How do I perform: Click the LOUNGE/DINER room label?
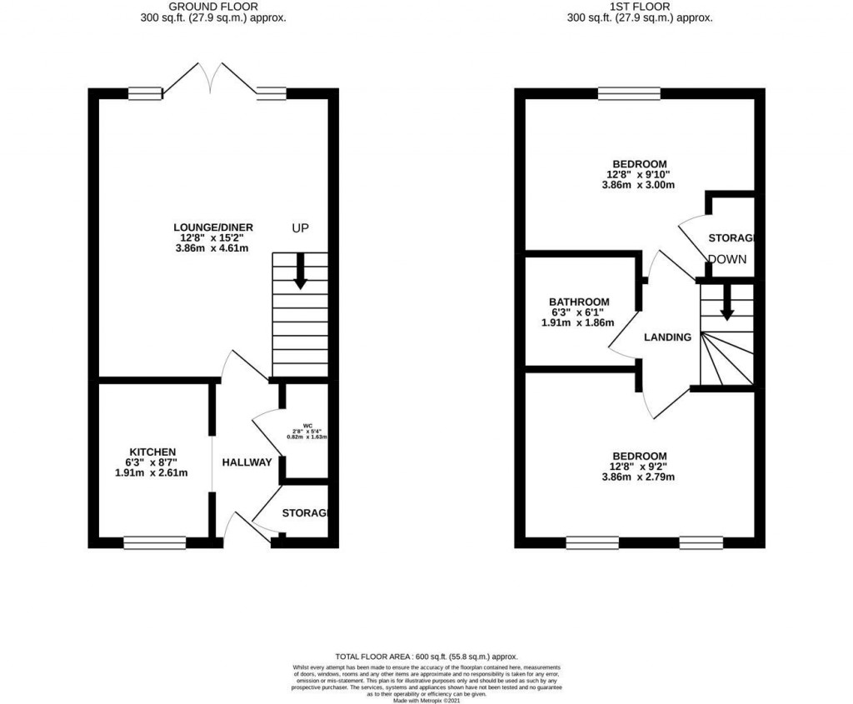point(213,227)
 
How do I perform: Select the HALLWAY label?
point(247,462)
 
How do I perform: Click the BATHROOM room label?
point(579,302)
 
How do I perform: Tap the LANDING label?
point(668,337)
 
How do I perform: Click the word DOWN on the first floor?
point(726,259)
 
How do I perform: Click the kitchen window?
point(154,543)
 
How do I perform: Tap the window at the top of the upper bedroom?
point(629,93)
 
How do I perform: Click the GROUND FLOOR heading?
point(213,7)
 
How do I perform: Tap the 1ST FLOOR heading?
point(640,7)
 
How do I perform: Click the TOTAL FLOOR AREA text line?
point(426,656)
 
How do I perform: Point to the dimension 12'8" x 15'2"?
point(213,237)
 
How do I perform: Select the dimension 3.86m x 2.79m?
point(640,477)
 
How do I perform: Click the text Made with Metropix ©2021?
point(426,701)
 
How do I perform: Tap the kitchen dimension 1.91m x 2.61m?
point(151,473)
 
